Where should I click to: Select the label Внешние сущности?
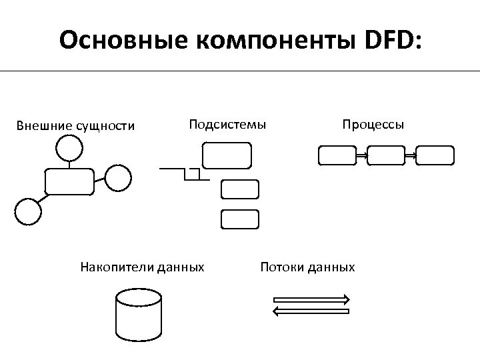pos(75,125)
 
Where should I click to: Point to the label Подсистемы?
pos(227,124)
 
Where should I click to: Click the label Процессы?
pos(373,124)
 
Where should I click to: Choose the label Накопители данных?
pos(142,267)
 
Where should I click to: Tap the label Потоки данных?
pos(307,267)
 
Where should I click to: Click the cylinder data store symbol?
pos(139,314)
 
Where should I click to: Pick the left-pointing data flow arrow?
pos(311,311)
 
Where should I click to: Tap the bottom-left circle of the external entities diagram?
pos(28,211)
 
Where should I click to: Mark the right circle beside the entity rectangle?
pos(119,177)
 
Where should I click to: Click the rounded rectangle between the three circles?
pos(69,181)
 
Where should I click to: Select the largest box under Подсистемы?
pos(227,155)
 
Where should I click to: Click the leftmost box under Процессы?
pos(337,155)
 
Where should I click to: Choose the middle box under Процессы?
pos(386,155)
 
